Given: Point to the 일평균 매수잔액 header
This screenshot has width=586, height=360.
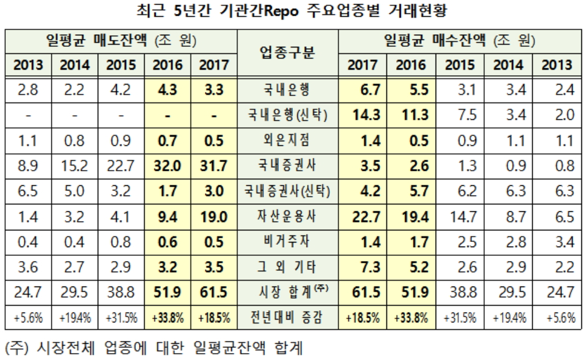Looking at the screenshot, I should point(460,42).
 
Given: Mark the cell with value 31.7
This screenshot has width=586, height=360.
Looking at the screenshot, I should point(213,166).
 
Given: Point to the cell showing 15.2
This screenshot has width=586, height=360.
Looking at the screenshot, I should point(75,166).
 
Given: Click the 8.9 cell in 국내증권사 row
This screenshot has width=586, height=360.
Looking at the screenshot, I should point(28,166).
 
